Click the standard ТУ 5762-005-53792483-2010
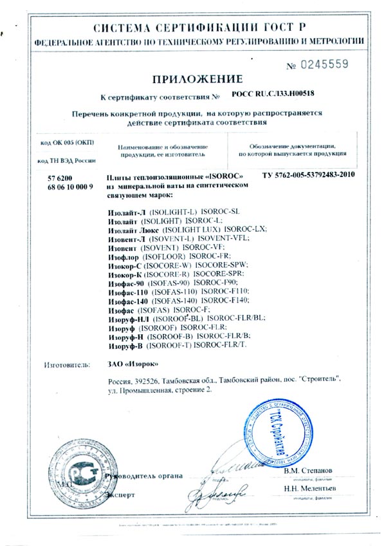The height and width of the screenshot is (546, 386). [309, 175]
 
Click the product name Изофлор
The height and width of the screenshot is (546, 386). [121, 254]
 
